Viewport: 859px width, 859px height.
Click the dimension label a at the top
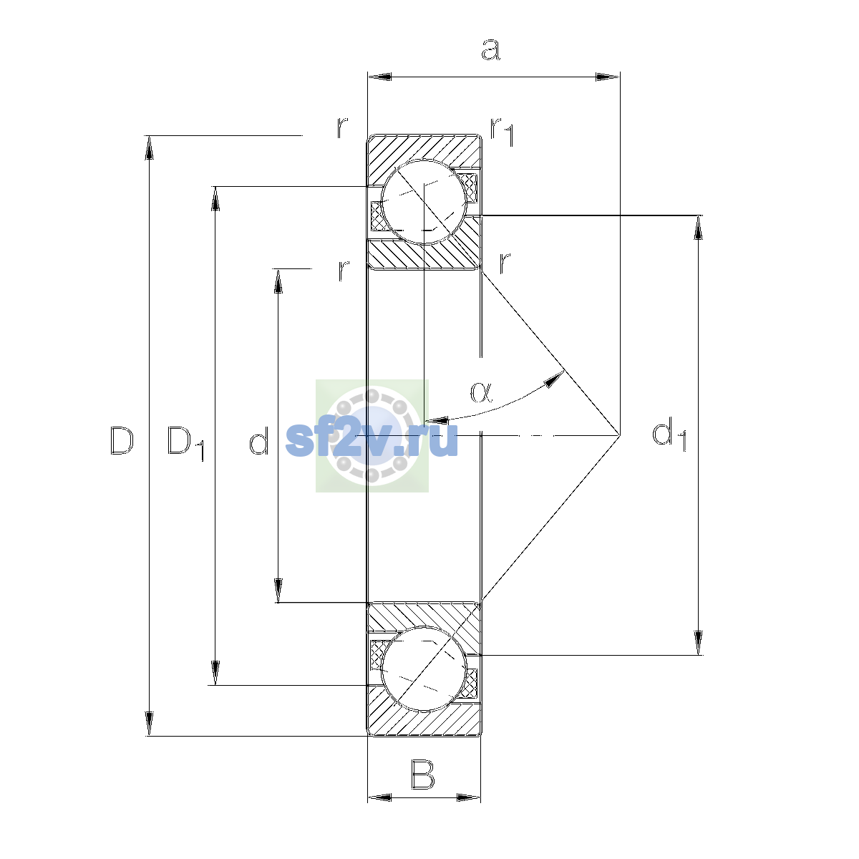click(x=490, y=49)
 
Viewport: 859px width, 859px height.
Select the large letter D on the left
click(x=121, y=440)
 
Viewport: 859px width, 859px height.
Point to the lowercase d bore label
click(x=258, y=440)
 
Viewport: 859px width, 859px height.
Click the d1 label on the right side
click(x=669, y=434)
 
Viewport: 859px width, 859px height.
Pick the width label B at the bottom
click(x=422, y=775)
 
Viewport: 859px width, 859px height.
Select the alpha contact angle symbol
click(x=482, y=392)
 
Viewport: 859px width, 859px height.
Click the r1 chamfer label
click(x=502, y=132)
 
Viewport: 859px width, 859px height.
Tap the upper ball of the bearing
click(x=424, y=202)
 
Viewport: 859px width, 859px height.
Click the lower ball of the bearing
click(x=424, y=669)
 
